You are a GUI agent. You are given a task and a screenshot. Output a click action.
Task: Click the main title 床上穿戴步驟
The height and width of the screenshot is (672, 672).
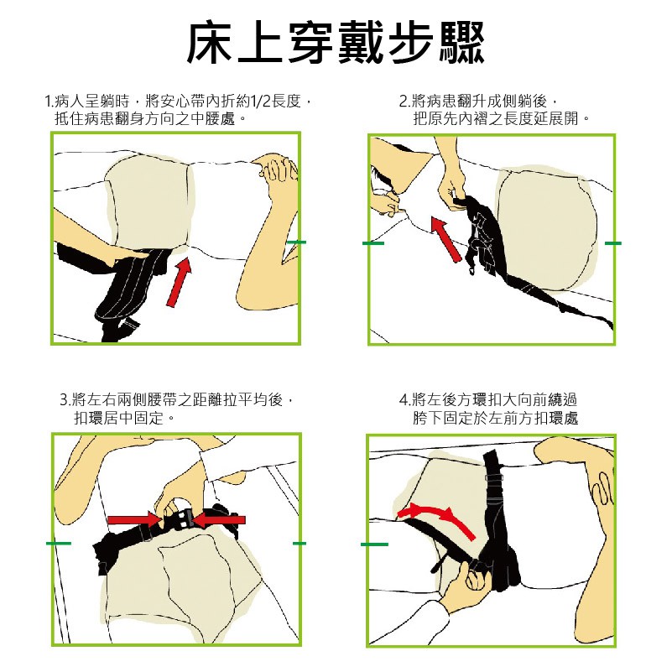(x=336, y=43)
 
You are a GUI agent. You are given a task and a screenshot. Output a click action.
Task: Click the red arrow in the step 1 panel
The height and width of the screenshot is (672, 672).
(x=179, y=282)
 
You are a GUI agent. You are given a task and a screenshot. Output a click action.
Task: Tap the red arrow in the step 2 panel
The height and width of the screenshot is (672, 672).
(x=446, y=239)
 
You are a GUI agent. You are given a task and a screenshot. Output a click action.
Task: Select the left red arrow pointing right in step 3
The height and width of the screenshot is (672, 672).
(x=134, y=519)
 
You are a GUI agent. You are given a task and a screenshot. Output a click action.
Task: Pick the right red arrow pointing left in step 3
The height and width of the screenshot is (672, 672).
(x=218, y=520)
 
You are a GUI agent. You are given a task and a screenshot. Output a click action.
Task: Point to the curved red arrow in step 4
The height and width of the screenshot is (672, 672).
(x=436, y=519)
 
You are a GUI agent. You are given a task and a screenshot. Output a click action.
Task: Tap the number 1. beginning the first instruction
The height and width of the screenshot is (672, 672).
(x=49, y=102)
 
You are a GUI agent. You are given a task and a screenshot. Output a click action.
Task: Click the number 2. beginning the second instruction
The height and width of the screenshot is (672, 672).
(x=404, y=102)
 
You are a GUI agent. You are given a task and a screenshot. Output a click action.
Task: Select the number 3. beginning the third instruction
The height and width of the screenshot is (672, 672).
(x=65, y=400)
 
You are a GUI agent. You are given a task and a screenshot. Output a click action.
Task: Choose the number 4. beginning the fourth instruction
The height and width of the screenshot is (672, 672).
(x=404, y=400)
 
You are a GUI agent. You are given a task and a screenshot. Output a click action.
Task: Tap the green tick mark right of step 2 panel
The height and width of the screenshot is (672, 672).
(x=613, y=243)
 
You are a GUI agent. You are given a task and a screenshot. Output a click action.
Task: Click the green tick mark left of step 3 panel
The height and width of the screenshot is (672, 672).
(x=58, y=544)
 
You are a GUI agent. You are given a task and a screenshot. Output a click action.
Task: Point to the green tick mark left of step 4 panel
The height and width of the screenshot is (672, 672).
(x=374, y=544)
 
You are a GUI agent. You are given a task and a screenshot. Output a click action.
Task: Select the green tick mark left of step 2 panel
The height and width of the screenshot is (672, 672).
(x=372, y=243)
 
